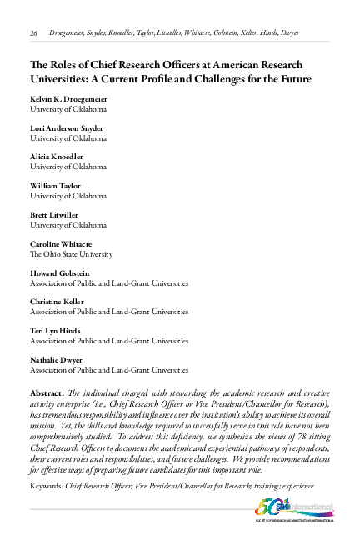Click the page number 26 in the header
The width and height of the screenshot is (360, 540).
click(x=34, y=33)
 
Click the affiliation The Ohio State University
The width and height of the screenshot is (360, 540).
click(x=71, y=253)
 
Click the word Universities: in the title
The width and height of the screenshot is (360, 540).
click(x=62, y=80)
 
